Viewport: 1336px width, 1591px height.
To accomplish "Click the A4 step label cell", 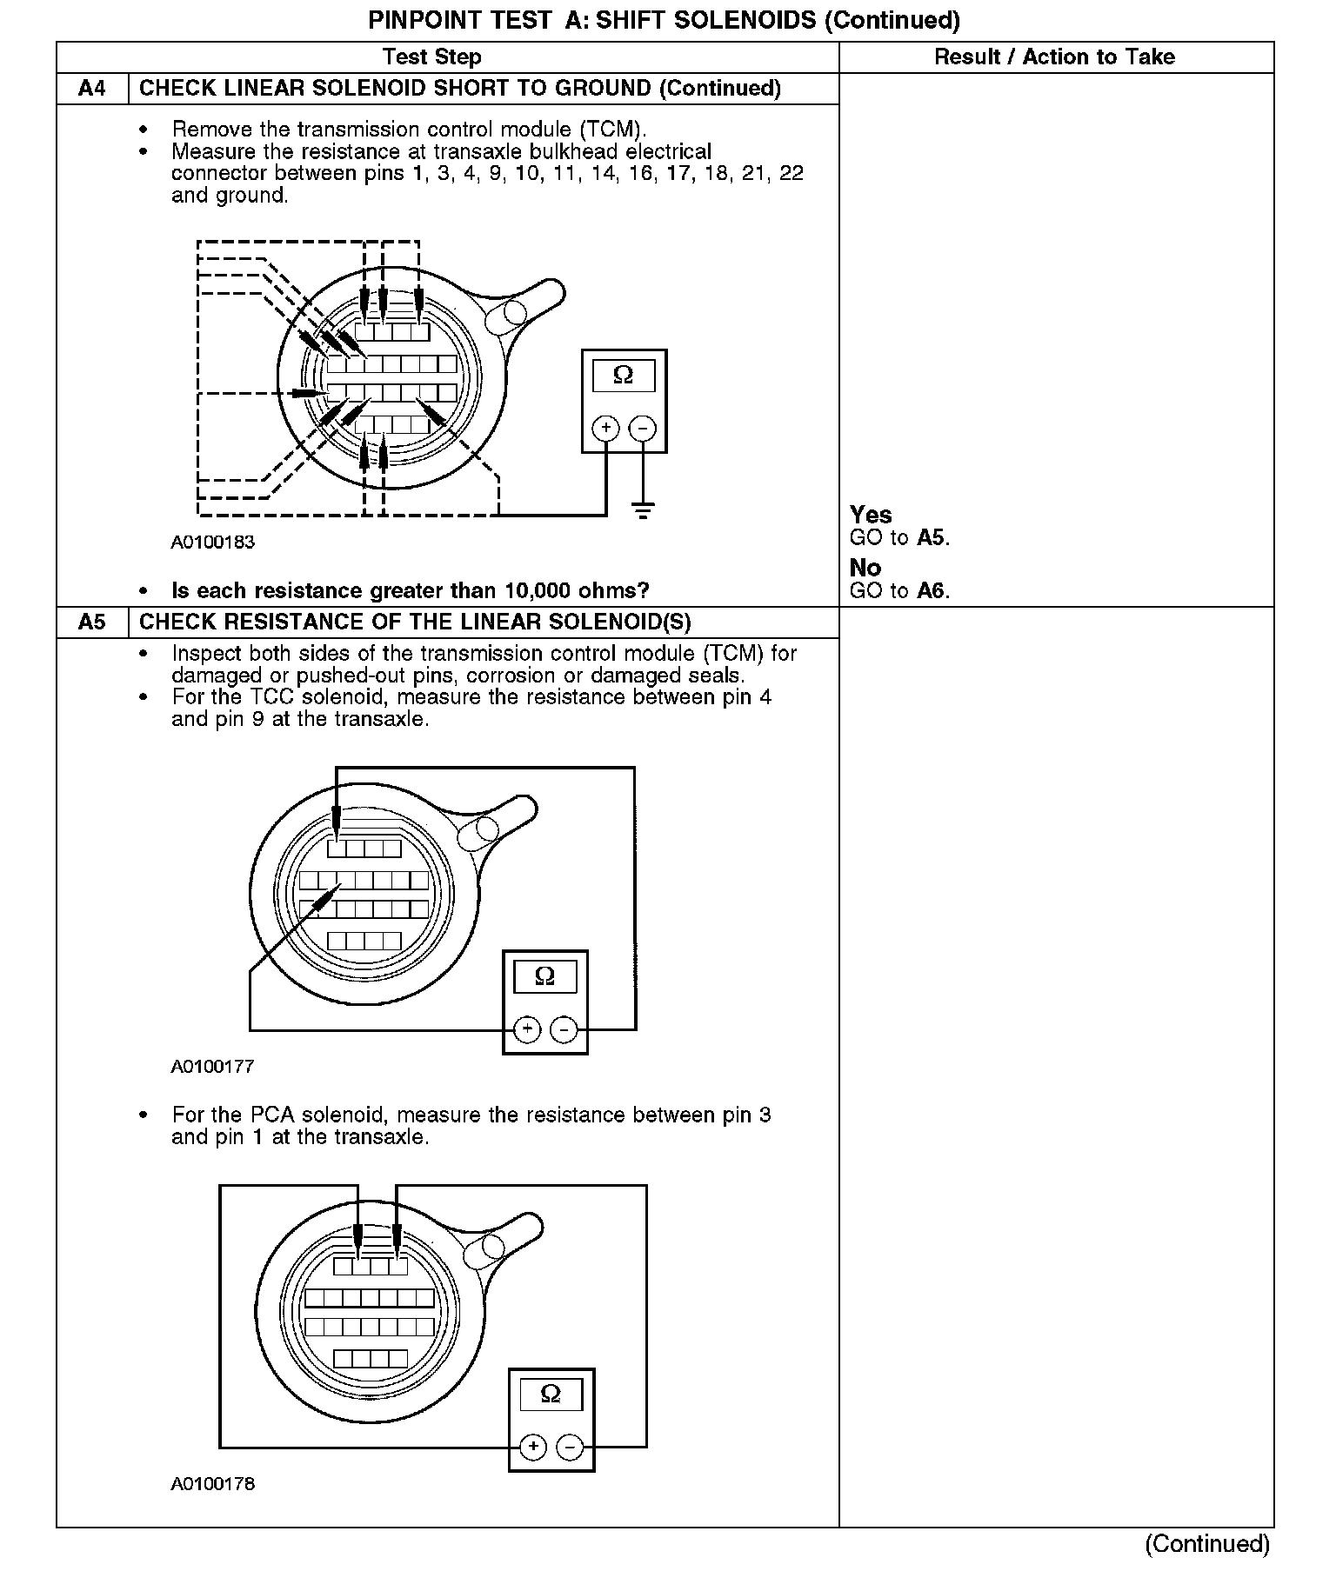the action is coord(91,89).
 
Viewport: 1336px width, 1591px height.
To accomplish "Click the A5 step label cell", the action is coord(91,622).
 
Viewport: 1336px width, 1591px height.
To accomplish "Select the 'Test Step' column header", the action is coord(431,57).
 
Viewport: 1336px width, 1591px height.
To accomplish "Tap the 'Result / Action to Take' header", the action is coord(1054,57).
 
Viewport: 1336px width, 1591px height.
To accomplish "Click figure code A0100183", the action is coord(212,543).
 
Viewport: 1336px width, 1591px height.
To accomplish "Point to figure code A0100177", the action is coord(212,1067).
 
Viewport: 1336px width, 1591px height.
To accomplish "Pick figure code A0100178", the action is coord(212,1484).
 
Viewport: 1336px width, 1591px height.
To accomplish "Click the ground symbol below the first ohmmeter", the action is coord(643,511).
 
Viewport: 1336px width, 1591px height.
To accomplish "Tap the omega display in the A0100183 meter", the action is coord(624,376).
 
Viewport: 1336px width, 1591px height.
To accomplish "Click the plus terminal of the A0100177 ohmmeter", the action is coord(527,1029).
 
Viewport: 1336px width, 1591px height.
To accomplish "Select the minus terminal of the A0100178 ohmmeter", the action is coord(570,1447).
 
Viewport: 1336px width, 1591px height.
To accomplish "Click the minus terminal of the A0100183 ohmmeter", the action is coord(643,428).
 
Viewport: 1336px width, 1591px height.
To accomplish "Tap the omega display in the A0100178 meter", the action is coord(551,1395).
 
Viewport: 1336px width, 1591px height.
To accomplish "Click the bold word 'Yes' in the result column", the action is coord(871,515).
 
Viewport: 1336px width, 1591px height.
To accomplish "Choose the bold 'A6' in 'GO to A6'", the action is coord(931,591).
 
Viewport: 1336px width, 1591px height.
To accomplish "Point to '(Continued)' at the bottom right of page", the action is coord(1207,1543).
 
